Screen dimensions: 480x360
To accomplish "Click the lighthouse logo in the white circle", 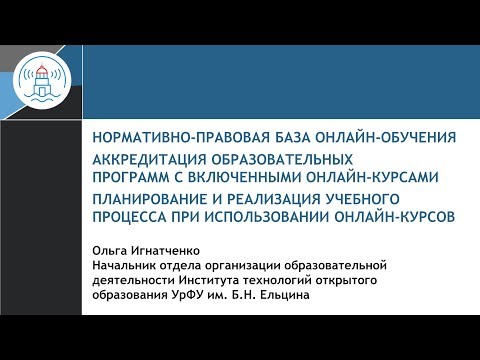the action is pyautogui.click(x=42, y=81).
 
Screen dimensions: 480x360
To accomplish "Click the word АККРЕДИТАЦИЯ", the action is pyautogui.click(x=149, y=159).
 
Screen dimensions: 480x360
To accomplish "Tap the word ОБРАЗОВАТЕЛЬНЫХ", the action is pyautogui.click(x=282, y=159).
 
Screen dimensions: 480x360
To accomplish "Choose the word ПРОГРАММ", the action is pyautogui.click(x=131, y=177).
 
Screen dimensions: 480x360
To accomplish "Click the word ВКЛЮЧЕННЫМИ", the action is pyautogui.click(x=245, y=177).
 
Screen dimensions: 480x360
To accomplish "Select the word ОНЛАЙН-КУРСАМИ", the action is pyautogui.click(x=372, y=177).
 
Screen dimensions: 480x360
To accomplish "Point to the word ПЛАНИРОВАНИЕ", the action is pyautogui.click(x=150, y=199).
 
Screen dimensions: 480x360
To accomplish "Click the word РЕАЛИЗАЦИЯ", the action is pyautogui.click(x=273, y=199).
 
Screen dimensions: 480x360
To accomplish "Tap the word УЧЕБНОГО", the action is pyautogui.click(x=362, y=199).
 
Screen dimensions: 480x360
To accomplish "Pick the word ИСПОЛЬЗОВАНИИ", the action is pyautogui.click(x=267, y=217).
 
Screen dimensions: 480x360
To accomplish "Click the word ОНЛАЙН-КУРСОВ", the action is pyautogui.click(x=395, y=217).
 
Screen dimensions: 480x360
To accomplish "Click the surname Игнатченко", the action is pyautogui.click(x=165, y=251).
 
